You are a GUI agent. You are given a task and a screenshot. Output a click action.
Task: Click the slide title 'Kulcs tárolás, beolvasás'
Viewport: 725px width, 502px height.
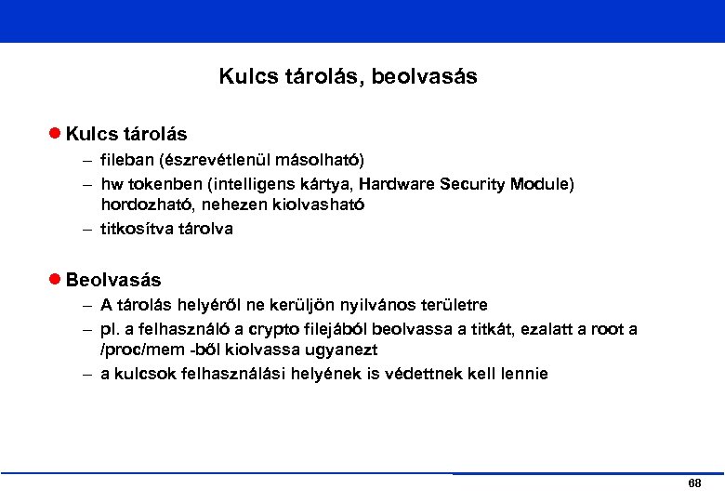click(348, 76)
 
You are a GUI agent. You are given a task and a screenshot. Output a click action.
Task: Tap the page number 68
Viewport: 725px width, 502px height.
click(694, 485)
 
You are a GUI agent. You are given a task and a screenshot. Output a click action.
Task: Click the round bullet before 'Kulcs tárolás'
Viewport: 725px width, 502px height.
click(55, 134)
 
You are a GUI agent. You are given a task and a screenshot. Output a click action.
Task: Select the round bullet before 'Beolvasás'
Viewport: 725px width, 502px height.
click(55, 279)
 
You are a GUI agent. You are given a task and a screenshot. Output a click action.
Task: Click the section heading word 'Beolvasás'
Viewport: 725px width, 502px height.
click(113, 280)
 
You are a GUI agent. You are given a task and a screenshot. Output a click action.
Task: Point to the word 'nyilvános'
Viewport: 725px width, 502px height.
click(352, 305)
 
